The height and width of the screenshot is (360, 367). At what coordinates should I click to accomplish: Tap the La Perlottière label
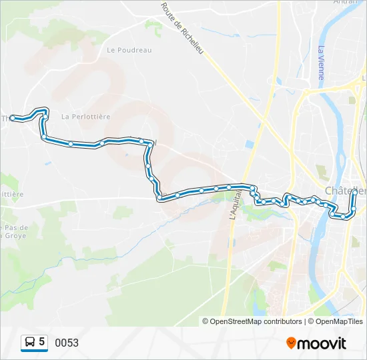(x=85, y=116)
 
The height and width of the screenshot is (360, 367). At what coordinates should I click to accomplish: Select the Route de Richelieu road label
(x=181, y=29)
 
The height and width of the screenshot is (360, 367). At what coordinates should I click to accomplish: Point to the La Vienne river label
(x=321, y=63)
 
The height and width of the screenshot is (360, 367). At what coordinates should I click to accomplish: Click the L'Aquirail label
(x=234, y=203)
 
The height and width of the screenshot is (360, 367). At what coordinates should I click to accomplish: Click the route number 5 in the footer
(x=42, y=342)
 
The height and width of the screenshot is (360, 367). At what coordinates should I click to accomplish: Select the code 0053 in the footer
(x=67, y=343)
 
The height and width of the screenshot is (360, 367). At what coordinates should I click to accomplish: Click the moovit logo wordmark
(x=322, y=343)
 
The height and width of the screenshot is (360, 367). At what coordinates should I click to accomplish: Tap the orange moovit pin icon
(x=291, y=343)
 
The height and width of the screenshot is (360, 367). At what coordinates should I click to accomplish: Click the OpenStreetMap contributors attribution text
(x=256, y=321)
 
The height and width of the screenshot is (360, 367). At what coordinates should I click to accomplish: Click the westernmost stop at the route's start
(x=13, y=118)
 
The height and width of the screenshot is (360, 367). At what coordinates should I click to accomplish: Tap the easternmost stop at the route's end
(x=354, y=193)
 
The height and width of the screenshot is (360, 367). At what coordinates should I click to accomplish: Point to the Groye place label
(x=12, y=234)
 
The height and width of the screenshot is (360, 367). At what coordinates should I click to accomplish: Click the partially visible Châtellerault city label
(x=344, y=191)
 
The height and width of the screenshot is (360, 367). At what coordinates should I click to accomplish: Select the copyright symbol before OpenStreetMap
(x=206, y=321)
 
